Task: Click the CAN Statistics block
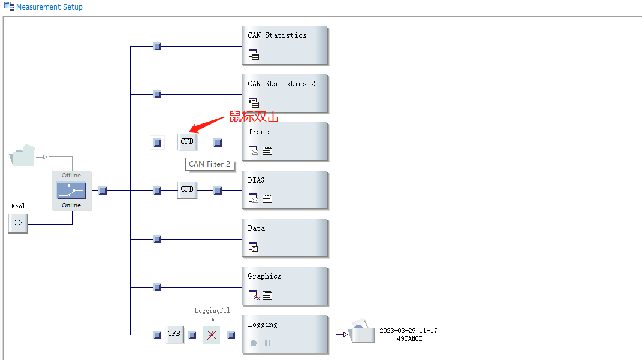tap(285, 45)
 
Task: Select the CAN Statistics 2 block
tap(285, 93)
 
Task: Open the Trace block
tap(285, 141)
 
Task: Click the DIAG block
tap(285, 190)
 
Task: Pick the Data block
tap(285, 238)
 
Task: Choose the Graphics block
tap(285, 286)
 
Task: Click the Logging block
tap(285, 334)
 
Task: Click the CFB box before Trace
tap(187, 142)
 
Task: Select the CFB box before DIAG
tap(187, 190)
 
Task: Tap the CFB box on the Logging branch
tap(174, 334)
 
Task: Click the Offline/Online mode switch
tap(71, 190)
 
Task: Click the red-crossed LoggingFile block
tap(211, 335)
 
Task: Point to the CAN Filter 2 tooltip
tap(209, 164)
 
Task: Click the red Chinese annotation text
tap(254, 117)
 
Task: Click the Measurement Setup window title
tap(49, 7)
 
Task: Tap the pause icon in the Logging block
tap(267, 343)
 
